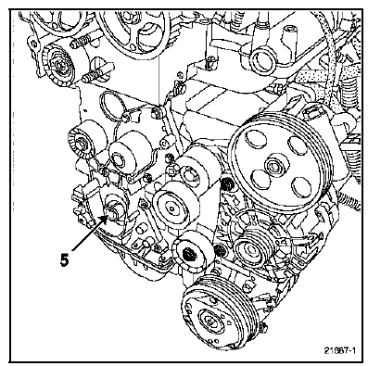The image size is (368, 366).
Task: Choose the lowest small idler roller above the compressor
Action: point(191,252)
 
